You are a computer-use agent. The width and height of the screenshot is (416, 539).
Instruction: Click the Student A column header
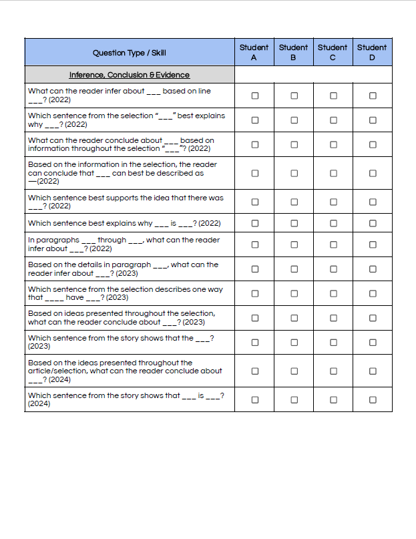[x=254, y=52]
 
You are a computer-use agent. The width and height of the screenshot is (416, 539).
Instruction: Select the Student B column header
[x=293, y=52]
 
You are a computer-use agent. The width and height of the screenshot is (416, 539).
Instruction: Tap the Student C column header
[x=333, y=52]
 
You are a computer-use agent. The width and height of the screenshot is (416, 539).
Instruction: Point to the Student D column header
[x=372, y=52]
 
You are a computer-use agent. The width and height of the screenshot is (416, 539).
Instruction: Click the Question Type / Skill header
[x=130, y=53]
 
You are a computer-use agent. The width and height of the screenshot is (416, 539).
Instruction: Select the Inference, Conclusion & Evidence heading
[x=130, y=75]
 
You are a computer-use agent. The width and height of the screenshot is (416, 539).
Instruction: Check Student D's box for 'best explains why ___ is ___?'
[x=373, y=223]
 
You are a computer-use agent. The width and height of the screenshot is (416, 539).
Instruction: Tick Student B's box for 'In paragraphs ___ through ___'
[x=294, y=244]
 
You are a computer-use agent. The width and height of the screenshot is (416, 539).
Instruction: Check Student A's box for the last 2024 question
[x=254, y=399]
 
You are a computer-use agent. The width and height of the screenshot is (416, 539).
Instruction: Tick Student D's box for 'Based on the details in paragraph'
[x=373, y=269]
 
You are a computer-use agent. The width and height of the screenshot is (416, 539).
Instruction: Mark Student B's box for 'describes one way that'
[x=294, y=294]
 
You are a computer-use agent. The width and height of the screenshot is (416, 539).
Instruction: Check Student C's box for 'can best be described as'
[x=333, y=173]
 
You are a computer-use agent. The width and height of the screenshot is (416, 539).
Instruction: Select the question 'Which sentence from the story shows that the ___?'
[x=121, y=342]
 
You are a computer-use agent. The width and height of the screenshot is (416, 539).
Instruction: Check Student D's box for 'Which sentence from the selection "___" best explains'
[x=373, y=120]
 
